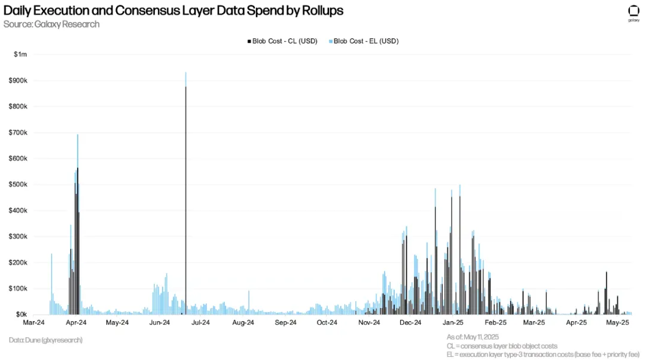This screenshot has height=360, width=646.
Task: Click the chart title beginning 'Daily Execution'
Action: (x=173, y=11)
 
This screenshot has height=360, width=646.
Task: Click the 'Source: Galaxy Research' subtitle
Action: (x=51, y=25)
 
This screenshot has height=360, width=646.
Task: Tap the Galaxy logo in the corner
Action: (x=634, y=13)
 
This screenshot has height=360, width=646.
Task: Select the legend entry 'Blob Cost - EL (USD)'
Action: (x=365, y=41)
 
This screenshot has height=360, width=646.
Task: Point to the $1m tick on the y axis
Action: (x=21, y=54)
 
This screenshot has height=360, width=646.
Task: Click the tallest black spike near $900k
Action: (x=185, y=179)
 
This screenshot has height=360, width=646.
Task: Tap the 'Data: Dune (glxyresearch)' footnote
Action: (x=45, y=340)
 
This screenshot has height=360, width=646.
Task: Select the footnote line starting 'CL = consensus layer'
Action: (x=502, y=346)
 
